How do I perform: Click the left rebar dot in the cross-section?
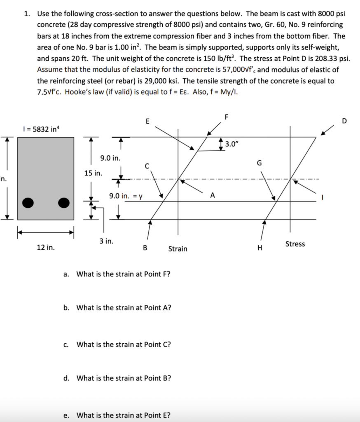28,202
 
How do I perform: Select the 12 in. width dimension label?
45,248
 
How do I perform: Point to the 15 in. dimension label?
93,173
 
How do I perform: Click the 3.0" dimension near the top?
232,144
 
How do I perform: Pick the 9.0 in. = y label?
126,197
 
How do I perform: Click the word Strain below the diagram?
178,249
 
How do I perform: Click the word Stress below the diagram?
295,244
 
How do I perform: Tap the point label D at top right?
344,121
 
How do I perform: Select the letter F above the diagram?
226,117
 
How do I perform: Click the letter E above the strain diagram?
147,121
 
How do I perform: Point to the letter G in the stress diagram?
259,163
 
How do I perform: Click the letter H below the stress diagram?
259,248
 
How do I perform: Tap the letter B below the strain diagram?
145,248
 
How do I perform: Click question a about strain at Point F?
123,274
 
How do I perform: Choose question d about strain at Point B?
124,378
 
